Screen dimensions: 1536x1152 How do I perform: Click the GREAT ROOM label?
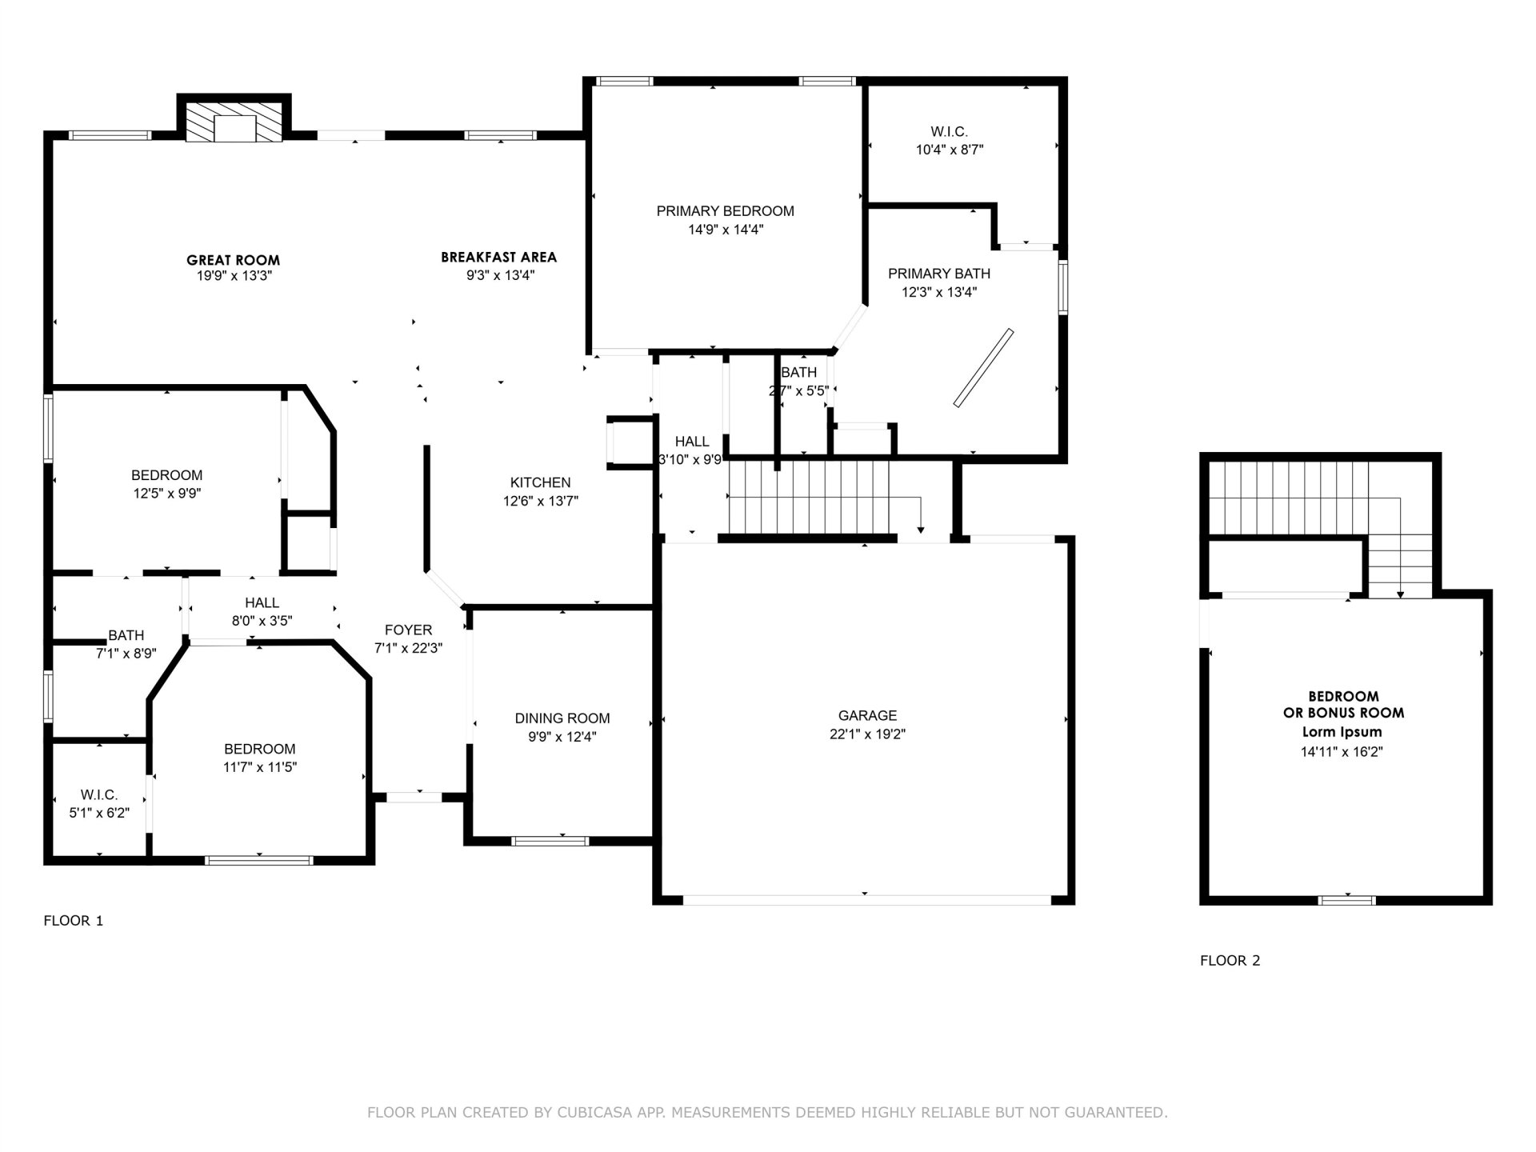click(x=233, y=260)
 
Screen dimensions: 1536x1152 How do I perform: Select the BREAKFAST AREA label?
click(x=499, y=258)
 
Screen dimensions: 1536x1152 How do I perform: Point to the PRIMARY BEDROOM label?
click(x=726, y=211)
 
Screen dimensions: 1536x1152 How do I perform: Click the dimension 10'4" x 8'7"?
click(x=950, y=150)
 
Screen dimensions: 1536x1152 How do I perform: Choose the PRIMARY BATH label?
click(x=939, y=274)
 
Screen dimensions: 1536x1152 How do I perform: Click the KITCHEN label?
click(x=541, y=482)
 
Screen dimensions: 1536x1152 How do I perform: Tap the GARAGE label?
click(x=868, y=715)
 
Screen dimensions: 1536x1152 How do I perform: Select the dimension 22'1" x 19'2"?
click(x=868, y=734)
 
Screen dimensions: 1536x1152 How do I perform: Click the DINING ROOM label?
click(x=562, y=718)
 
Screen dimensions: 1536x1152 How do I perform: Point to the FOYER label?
click(x=408, y=630)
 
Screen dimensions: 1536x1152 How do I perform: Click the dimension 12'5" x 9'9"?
click(x=167, y=494)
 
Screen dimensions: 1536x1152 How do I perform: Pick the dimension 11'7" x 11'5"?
click(x=260, y=767)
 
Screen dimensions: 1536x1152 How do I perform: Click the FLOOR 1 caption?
click(x=74, y=921)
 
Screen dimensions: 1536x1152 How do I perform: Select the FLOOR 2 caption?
click(x=1230, y=961)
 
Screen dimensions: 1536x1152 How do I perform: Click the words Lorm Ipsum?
click(x=1342, y=732)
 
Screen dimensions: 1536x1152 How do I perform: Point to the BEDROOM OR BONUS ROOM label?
click(x=1344, y=705)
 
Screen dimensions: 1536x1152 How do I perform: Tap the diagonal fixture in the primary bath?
click(x=984, y=368)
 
